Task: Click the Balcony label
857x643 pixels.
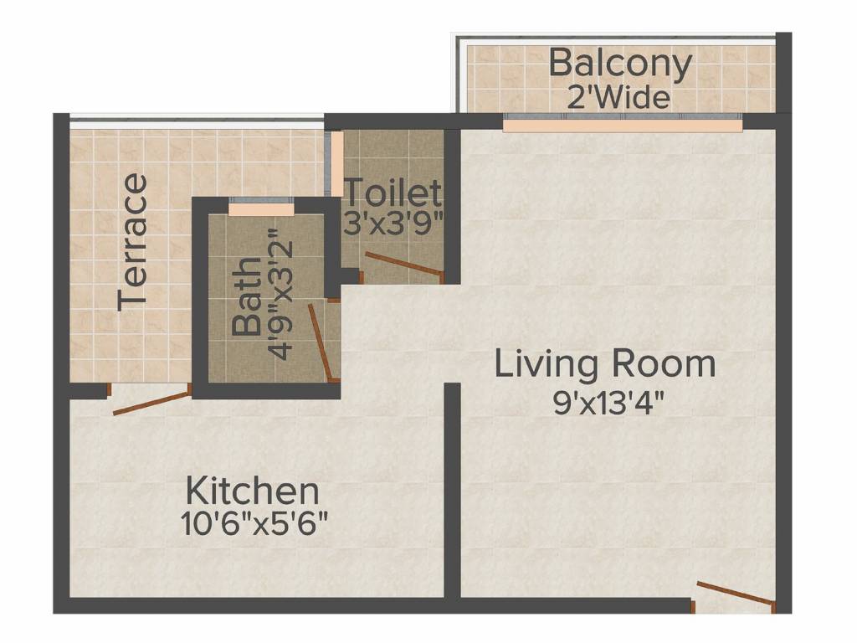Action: (x=620, y=64)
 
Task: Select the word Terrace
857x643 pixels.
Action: (x=133, y=242)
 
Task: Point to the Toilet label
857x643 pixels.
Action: (x=393, y=193)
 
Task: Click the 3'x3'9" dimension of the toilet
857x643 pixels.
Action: (x=393, y=223)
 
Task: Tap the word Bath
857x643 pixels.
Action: (x=247, y=296)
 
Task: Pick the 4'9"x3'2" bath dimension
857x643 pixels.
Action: (x=282, y=294)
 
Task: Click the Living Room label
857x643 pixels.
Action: (x=605, y=365)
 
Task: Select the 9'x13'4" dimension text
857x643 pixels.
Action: (x=608, y=404)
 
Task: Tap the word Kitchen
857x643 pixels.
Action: (x=253, y=491)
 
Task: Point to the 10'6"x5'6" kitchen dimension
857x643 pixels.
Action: (x=254, y=524)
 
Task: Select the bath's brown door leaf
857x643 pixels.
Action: (x=321, y=342)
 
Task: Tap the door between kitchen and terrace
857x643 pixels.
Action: (x=152, y=403)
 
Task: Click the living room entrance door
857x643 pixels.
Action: (x=736, y=594)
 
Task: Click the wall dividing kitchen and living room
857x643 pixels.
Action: (x=452, y=490)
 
